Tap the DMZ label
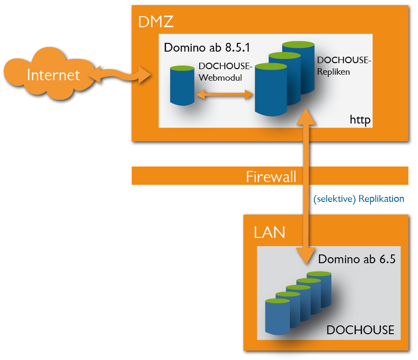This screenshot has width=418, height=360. pos(156,21)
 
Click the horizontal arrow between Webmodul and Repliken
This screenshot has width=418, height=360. pos(225,94)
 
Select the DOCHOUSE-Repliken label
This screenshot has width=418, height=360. pos(344,66)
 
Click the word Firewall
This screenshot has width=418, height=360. pos(271,176)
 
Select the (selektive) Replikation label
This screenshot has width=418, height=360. pos(359,199)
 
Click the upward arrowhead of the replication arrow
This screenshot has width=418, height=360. pos(306,118)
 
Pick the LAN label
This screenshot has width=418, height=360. pos(270,232)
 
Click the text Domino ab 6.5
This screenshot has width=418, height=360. pos(357,259)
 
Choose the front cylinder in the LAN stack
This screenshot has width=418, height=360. pos(277,316)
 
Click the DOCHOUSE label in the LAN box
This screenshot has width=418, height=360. pos(360,330)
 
